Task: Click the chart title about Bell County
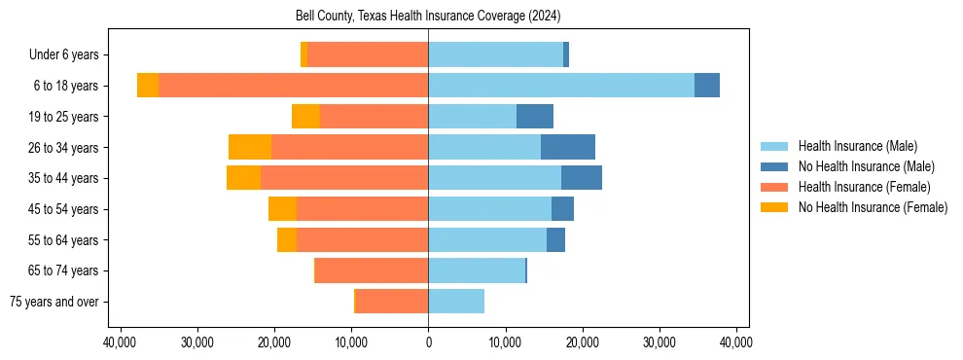[x=428, y=17]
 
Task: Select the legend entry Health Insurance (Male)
[x=857, y=146]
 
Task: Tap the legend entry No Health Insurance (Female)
[x=873, y=207]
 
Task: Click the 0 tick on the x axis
[x=428, y=342]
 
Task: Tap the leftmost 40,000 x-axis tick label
[x=120, y=342]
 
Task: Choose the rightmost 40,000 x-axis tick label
[x=736, y=342]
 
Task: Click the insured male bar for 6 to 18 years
[x=561, y=86]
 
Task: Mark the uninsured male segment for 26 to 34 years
[x=568, y=147]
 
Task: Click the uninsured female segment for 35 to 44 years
[x=243, y=178]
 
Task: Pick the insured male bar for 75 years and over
[x=456, y=302]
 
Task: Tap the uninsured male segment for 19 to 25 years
[x=535, y=117]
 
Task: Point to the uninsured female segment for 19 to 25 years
[x=305, y=117]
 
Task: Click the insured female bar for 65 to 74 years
[x=372, y=270]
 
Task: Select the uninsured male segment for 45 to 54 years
[x=562, y=209]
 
